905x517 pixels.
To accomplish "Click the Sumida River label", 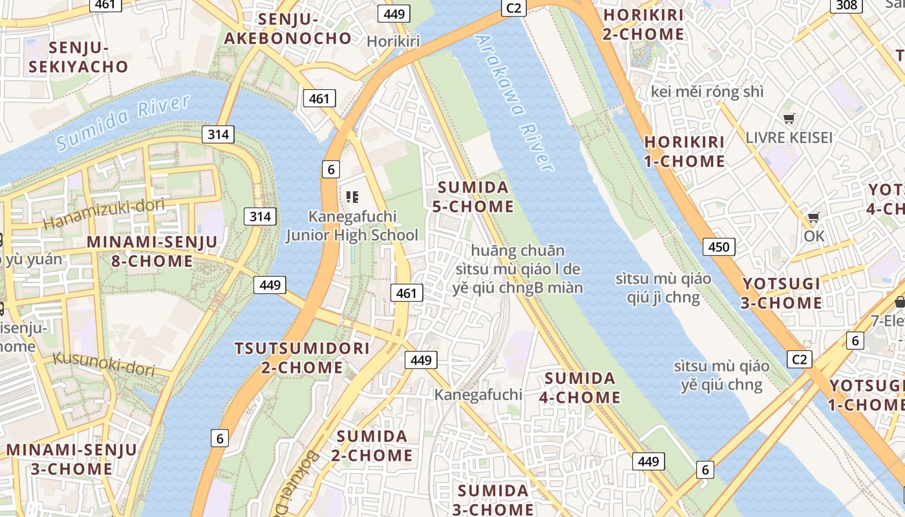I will tap(123, 123).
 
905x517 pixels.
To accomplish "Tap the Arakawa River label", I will tap(515, 102).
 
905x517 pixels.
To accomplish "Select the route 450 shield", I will tap(718, 246).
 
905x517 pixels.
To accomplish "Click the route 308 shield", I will tap(846, 6).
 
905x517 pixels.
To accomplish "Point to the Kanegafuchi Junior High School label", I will tap(352, 226).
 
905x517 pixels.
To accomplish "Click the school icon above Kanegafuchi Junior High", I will tap(352, 196).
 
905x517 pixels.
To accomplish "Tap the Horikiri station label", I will tap(393, 41).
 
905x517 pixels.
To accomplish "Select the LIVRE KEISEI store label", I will tap(789, 138).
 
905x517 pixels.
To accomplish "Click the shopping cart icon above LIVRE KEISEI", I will tap(789, 119).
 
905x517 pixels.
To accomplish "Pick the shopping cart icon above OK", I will tap(814, 218).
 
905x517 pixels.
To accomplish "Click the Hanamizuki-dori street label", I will tap(104, 215).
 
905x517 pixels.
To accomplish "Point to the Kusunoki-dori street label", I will tap(104, 364).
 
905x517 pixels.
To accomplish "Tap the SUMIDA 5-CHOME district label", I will tap(475, 197).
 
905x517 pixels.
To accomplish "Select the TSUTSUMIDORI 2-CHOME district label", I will tap(302, 358).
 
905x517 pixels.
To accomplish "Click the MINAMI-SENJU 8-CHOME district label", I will tap(152, 251).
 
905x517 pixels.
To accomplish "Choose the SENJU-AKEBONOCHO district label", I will tap(288, 28).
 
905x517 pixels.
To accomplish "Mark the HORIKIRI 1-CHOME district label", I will tap(685, 151).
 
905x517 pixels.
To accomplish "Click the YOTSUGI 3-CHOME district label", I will tap(782, 293).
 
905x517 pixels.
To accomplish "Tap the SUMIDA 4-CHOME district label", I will tap(580, 387).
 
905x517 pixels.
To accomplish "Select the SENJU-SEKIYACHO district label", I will tap(88, 57).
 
